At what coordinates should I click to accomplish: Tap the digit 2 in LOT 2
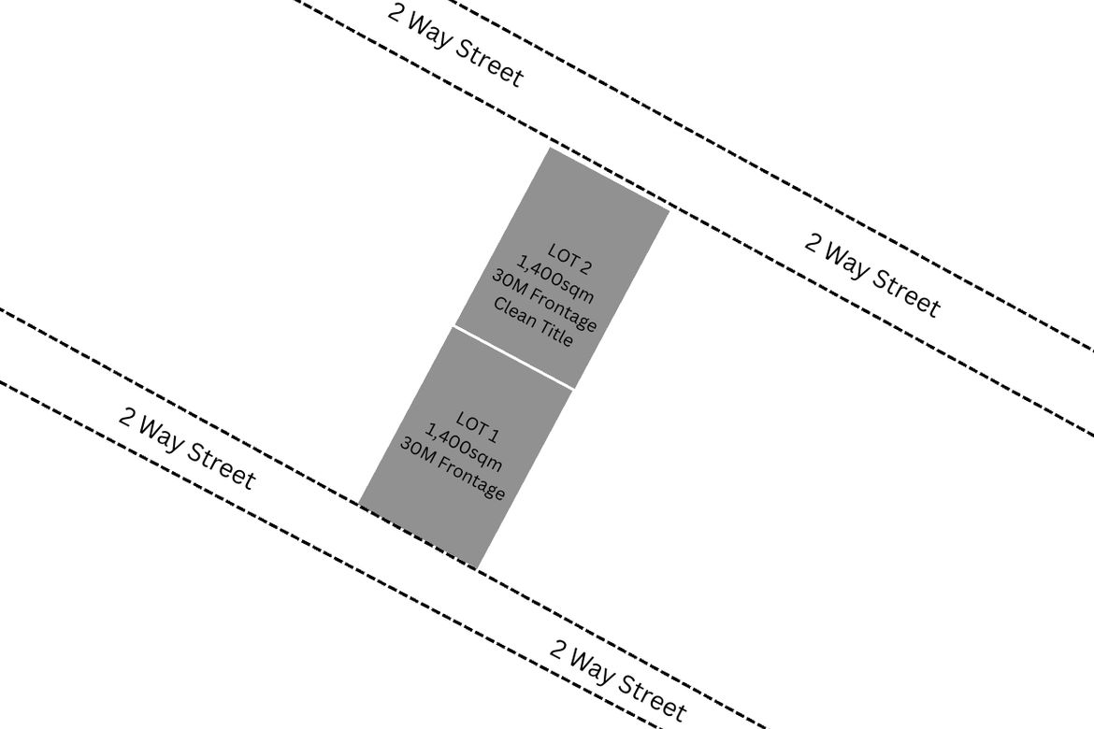[x=585, y=267]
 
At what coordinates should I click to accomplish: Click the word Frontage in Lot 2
[x=564, y=312]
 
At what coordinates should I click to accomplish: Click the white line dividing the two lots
[x=513, y=357]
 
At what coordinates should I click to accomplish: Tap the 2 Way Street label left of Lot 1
[x=187, y=449]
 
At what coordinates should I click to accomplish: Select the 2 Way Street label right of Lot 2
[x=872, y=275]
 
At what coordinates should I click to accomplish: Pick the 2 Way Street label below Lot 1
[x=618, y=679]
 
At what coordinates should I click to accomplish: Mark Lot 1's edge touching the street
[x=419, y=536]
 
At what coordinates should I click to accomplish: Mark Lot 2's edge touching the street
[x=609, y=179]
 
